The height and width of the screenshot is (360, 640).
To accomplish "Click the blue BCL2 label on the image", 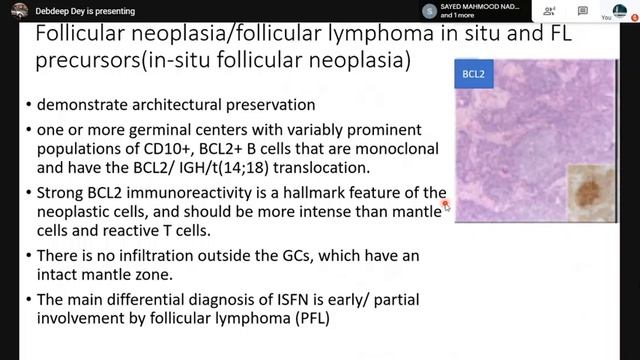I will [x=475, y=75].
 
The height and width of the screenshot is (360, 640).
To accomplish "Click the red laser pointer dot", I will [x=444, y=203].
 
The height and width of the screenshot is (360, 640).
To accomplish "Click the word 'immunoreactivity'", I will [x=189, y=192].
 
